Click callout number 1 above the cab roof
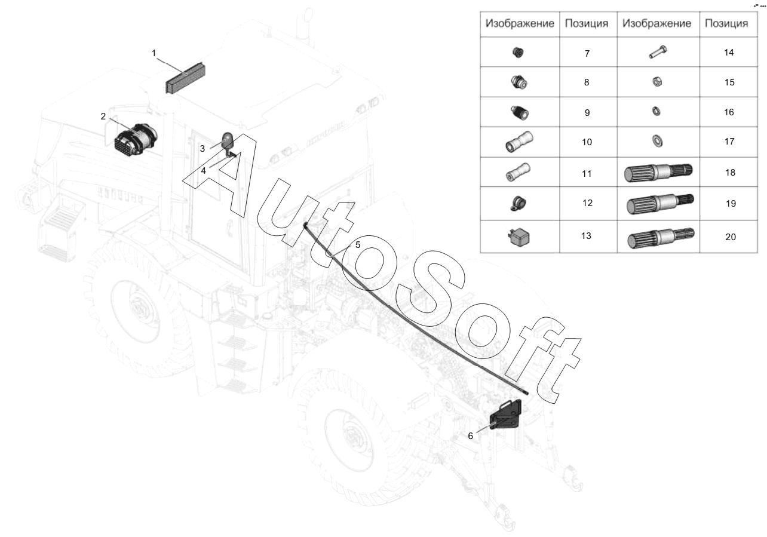point(154,53)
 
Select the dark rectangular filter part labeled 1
point(186,78)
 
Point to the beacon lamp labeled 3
point(228,140)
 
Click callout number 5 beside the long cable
point(358,245)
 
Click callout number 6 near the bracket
point(470,436)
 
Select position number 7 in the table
point(587,53)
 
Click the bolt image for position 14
point(658,52)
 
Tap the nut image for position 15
point(657,82)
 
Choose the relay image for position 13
point(519,237)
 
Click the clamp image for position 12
point(518,204)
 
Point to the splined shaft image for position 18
point(658,172)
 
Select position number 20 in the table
point(731,237)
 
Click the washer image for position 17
point(658,141)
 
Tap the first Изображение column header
point(520,24)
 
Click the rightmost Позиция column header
point(726,24)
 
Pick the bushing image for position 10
point(519,142)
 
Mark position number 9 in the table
point(587,113)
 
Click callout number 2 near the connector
point(103,116)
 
